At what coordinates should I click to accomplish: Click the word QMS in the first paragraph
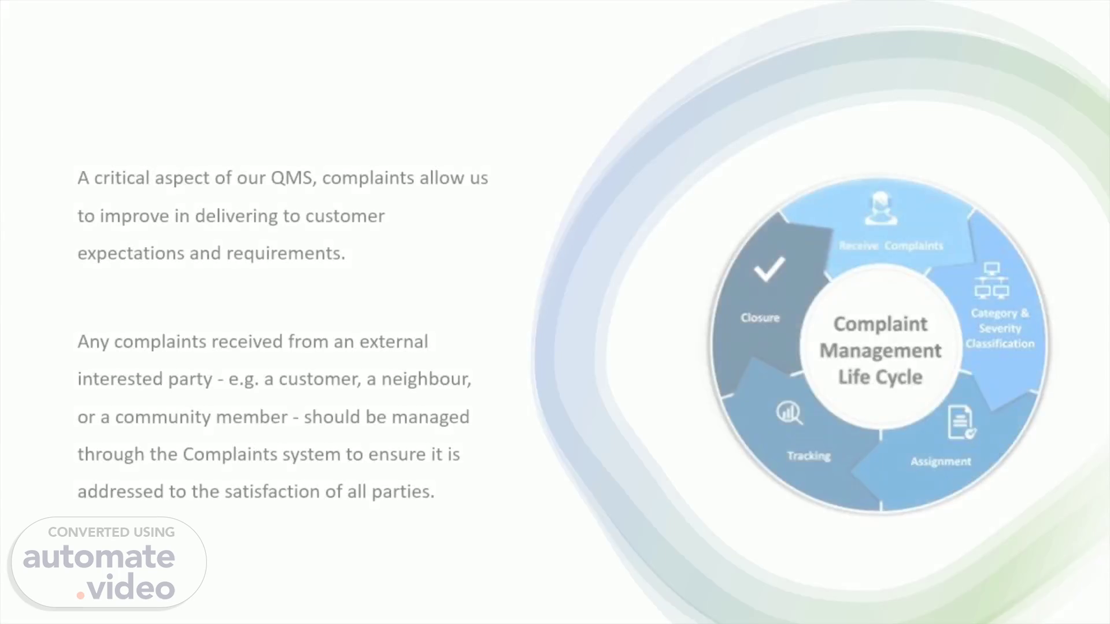(293, 177)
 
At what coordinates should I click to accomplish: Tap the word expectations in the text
(131, 254)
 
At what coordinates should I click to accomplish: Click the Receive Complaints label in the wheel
(891, 246)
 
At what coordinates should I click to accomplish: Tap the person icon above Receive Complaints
(881, 208)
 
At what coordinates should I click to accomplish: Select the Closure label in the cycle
(760, 318)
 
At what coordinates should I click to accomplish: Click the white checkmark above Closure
(769, 269)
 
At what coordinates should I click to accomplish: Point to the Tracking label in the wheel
(809, 456)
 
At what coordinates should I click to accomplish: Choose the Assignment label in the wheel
(941, 462)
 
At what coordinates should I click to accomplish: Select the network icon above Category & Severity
(992, 281)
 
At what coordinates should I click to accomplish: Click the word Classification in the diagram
(1000, 344)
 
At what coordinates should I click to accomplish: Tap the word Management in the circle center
(880, 351)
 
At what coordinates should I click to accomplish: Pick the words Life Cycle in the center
(880, 377)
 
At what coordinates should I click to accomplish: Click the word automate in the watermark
(99, 557)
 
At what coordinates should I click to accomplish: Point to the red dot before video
(80, 595)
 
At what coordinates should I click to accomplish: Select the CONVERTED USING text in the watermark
(112, 532)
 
